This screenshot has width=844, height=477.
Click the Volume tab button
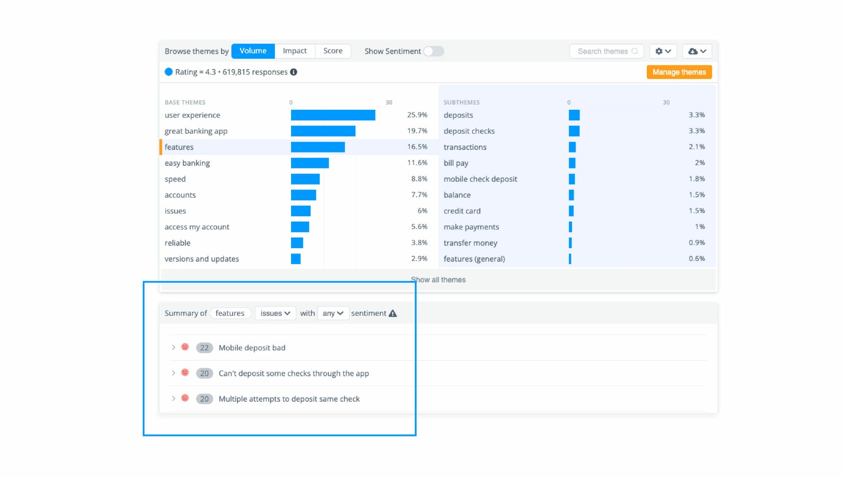pyautogui.click(x=253, y=51)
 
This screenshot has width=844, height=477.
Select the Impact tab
pyautogui.click(x=295, y=51)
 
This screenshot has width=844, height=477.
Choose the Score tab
pyautogui.click(x=333, y=51)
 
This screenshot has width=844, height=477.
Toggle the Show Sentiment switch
pyautogui.click(x=434, y=51)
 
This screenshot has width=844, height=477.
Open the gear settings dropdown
pyautogui.click(x=663, y=51)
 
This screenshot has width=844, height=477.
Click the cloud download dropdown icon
pyautogui.click(x=697, y=51)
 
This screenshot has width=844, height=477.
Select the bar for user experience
pyautogui.click(x=333, y=115)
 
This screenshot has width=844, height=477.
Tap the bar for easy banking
pyautogui.click(x=310, y=163)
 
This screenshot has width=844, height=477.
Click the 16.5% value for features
pyautogui.click(x=417, y=147)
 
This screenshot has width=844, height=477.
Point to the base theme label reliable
pyautogui.click(x=178, y=243)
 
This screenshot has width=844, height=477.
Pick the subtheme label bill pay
pyautogui.click(x=456, y=163)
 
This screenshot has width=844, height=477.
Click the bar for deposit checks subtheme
pyautogui.click(x=574, y=131)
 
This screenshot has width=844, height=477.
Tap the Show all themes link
pyautogui.click(x=438, y=280)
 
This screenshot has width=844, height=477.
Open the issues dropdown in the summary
pyautogui.click(x=275, y=313)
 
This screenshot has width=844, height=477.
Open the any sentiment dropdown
pyautogui.click(x=333, y=313)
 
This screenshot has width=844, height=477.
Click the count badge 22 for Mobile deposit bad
pyautogui.click(x=204, y=348)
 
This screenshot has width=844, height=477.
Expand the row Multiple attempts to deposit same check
pyautogui.click(x=173, y=398)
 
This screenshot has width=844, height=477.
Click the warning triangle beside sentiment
pyautogui.click(x=393, y=313)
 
